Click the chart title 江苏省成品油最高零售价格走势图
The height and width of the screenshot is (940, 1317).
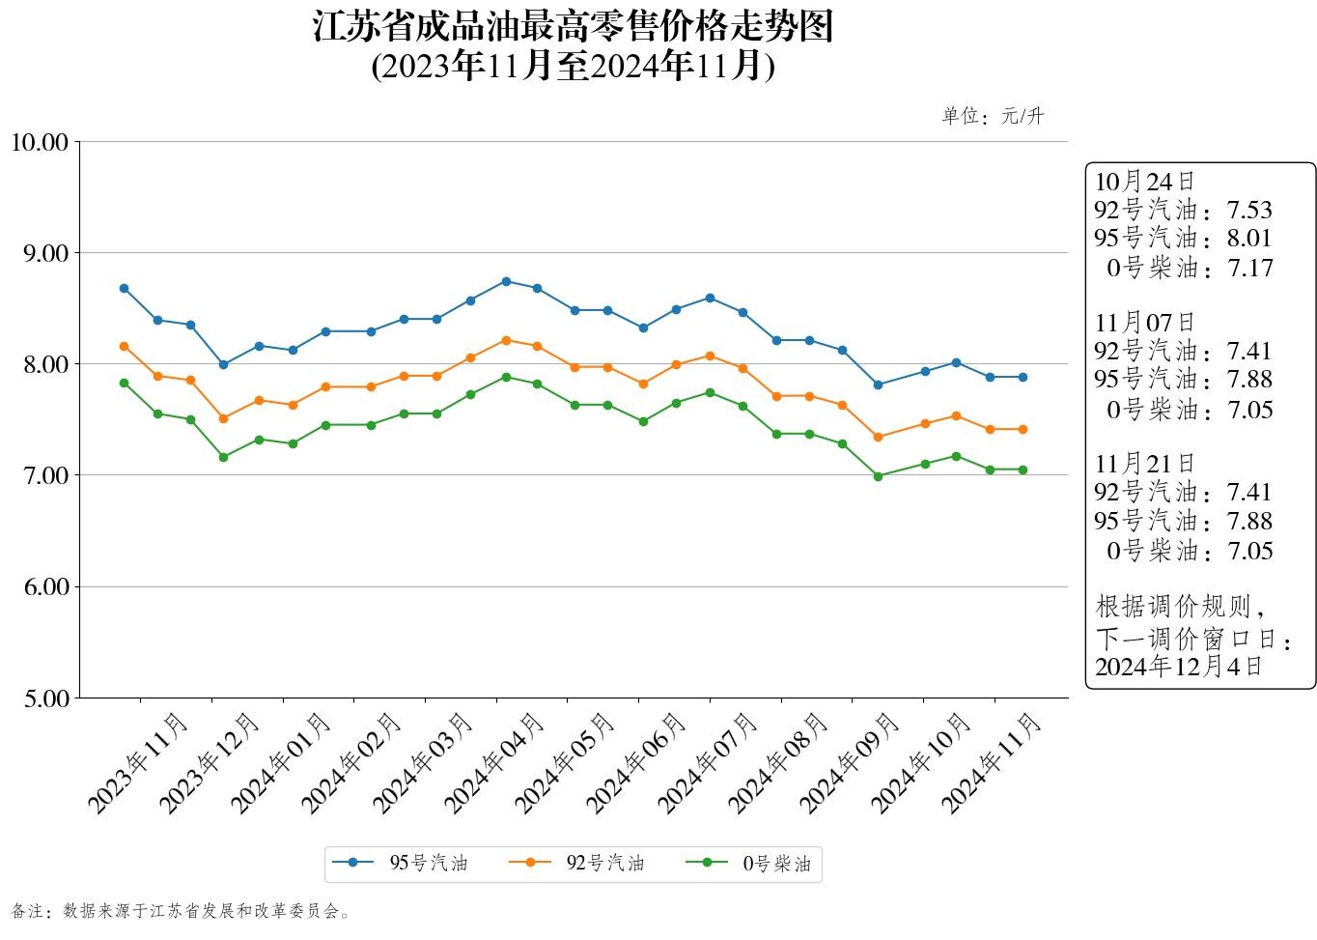pyautogui.click(x=573, y=27)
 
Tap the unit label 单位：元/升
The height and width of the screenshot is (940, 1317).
pyautogui.click(x=993, y=117)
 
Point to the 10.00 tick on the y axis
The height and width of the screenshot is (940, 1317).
pyautogui.click(x=40, y=142)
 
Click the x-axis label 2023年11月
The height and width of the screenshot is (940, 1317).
pyautogui.click(x=138, y=763)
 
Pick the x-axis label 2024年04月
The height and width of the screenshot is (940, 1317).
pyautogui.click(x=494, y=763)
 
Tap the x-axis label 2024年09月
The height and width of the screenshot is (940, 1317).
pyautogui.click(x=850, y=763)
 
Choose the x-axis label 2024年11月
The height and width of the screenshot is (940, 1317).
pyautogui.click(x=992, y=763)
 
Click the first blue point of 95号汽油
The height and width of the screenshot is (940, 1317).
pyautogui.click(x=124, y=288)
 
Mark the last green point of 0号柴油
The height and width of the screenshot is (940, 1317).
pyautogui.click(x=1023, y=470)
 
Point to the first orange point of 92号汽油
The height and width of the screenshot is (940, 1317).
pyautogui.click(x=124, y=346)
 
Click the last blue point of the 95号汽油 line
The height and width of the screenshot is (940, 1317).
pyautogui.click(x=1023, y=377)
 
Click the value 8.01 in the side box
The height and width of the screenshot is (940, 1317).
pyautogui.click(x=1249, y=238)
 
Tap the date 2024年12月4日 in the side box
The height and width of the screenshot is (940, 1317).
pyautogui.click(x=1178, y=666)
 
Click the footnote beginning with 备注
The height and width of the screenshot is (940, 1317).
pyautogui.click(x=181, y=911)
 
